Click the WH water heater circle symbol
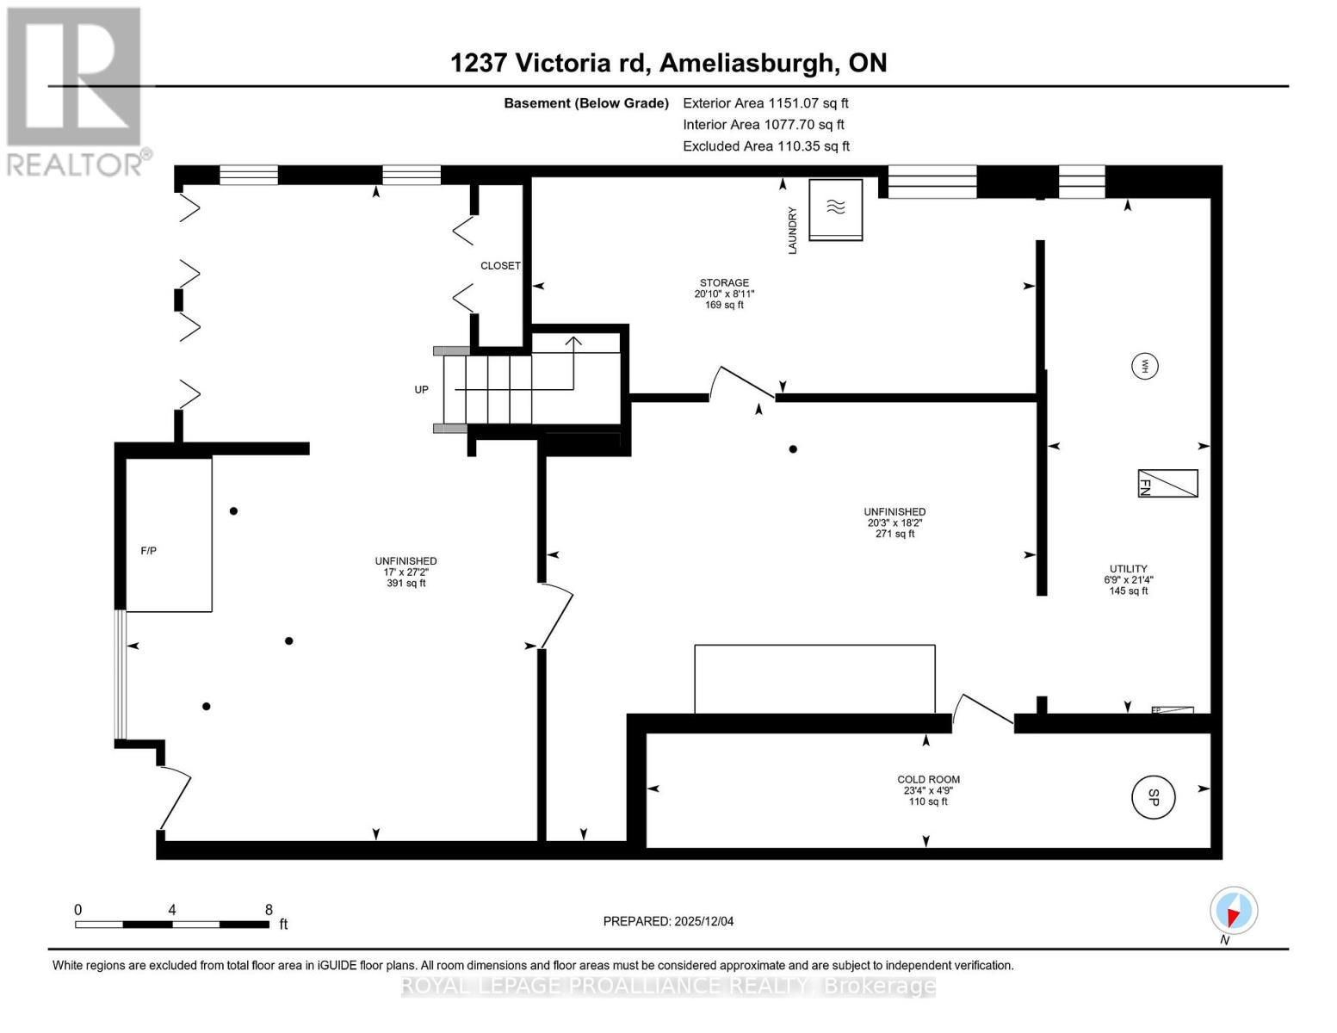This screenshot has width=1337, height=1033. click(1144, 367)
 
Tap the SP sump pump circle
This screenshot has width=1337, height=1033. click(1153, 797)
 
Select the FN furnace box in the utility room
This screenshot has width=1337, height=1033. click(1167, 483)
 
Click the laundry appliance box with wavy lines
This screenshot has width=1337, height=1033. click(835, 210)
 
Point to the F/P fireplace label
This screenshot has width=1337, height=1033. click(148, 551)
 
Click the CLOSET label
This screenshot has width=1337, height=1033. click(500, 266)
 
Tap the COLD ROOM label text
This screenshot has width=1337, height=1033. click(928, 779)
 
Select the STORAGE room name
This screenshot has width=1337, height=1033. click(724, 282)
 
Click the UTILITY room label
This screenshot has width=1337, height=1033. click(1129, 568)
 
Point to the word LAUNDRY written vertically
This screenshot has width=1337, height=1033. click(792, 230)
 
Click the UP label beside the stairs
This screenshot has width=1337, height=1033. click(422, 389)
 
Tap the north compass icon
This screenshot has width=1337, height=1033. click(1233, 911)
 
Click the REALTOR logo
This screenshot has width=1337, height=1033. click(77, 91)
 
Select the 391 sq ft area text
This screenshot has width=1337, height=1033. click(406, 583)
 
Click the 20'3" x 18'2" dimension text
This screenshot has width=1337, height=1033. click(894, 523)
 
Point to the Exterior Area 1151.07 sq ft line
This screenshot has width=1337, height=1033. click(765, 103)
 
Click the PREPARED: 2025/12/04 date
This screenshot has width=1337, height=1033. click(668, 921)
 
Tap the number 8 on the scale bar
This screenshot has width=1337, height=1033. click(269, 909)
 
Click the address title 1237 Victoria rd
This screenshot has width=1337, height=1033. click(550, 63)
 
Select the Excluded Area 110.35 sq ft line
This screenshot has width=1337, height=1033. click(766, 146)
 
